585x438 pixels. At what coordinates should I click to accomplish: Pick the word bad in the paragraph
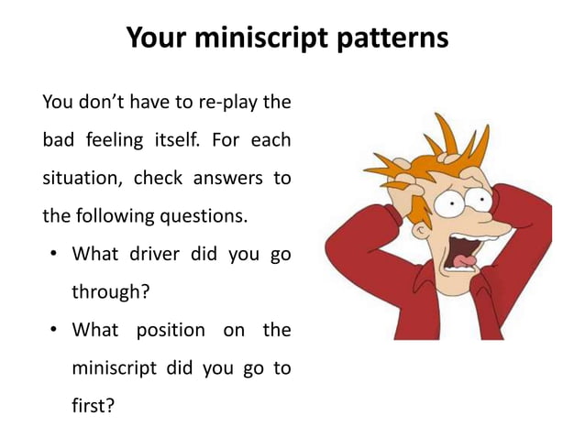click(57, 142)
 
